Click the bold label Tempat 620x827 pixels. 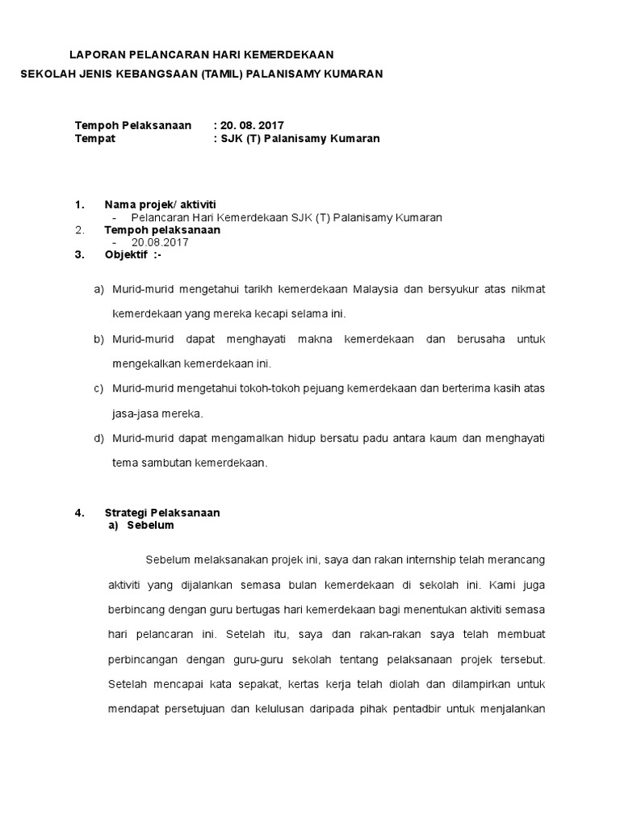coord(95,138)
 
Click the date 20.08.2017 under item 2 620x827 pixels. coord(159,242)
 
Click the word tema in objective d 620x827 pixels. coord(124,464)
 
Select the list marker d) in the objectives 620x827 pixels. coord(99,439)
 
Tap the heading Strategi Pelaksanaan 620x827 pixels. coord(162,513)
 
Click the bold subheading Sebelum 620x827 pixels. coord(150,525)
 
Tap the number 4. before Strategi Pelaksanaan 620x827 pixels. coord(79,513)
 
